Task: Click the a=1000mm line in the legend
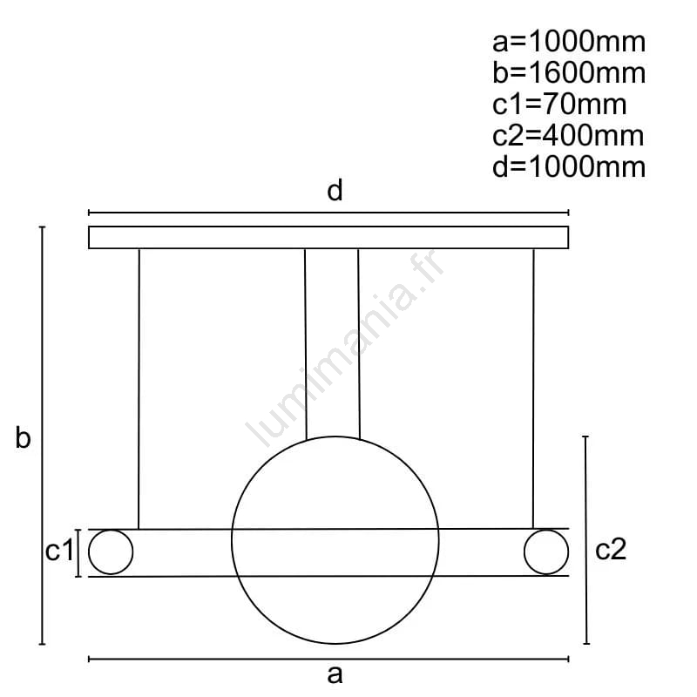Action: point(569,42)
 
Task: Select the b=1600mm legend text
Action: point(569,73)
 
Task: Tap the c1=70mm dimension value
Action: point(559,105)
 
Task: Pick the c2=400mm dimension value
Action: point(568,136)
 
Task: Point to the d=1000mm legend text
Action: point(569,167)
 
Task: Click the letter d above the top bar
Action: point(335,190)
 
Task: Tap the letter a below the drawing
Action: point(335,674)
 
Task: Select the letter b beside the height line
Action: point(23,437)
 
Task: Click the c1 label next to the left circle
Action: point(59,551)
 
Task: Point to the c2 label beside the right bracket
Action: point(611,550)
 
